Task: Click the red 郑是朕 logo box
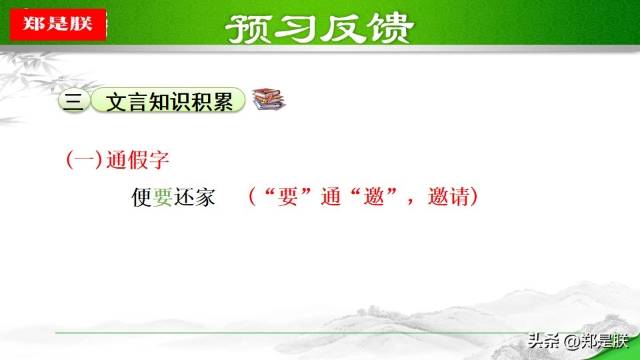(58, 24)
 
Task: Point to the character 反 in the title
(343, 29)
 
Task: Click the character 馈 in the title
(390, 29)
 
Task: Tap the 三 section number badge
(74, 101)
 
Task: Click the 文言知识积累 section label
(168, 101)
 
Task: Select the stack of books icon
(268, 99)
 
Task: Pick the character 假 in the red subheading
(137, 159)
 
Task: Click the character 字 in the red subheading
(159, 159)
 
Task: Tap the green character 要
(163, 197)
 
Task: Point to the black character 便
(141, 197)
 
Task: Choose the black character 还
(184, 197)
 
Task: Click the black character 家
(205, 197)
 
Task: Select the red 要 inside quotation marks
(288, 196)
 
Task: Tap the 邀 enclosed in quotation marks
(374, 196)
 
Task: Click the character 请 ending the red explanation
(459, 196)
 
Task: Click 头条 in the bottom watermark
(544, 341)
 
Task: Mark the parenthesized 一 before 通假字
(84, 159)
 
